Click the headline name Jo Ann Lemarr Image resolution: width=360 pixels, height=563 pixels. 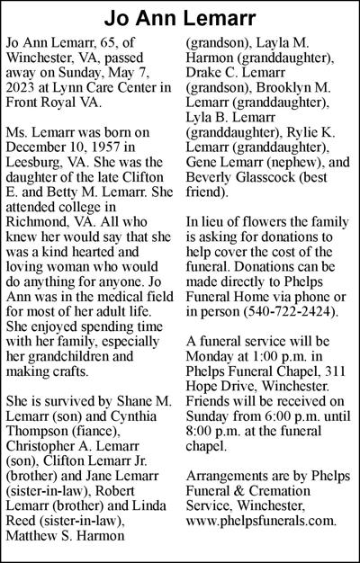[x=180, y=19]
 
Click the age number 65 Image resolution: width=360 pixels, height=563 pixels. [x=112, y=42]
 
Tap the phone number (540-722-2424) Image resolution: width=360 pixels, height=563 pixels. [x=292, y=310]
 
